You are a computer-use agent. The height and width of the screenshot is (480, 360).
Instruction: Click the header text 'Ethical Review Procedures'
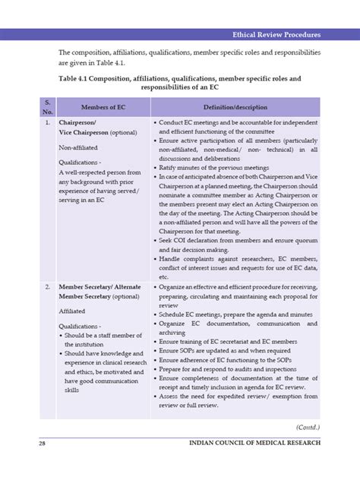(278, 35)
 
